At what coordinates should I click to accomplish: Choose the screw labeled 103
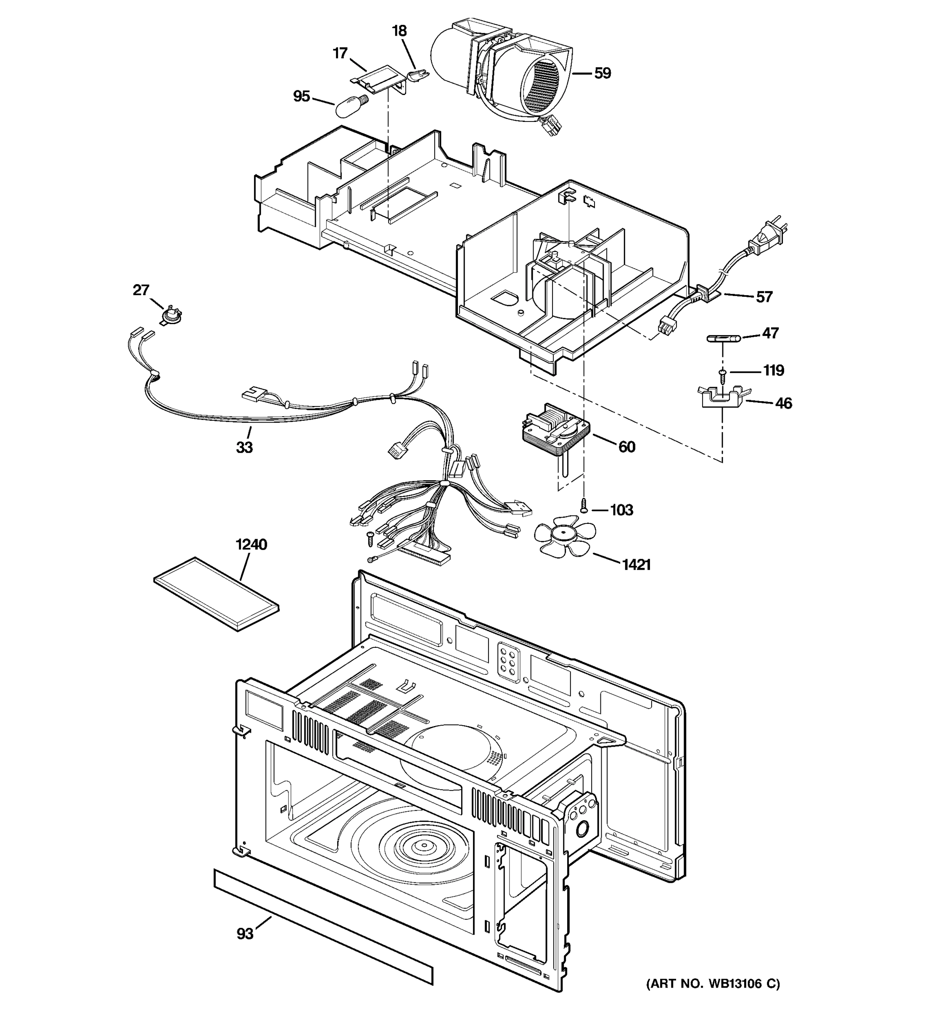click(x=584, y=505)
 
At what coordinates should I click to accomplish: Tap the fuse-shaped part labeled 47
click(x=724, y=338)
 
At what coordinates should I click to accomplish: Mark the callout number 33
click(x=244, y=448)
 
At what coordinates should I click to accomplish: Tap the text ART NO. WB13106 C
click(x=713, y=984)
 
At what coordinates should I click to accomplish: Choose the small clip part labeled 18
click(x=418, y=76)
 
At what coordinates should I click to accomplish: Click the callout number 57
click(x=764, y=297)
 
